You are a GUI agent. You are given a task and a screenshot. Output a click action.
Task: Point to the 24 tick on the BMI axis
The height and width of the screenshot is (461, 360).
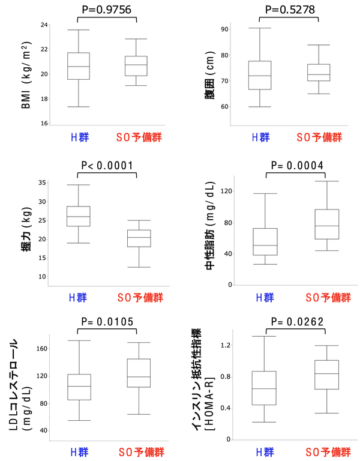coord(44,25)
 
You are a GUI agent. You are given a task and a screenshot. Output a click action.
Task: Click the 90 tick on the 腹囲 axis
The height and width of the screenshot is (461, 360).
coord(225,29)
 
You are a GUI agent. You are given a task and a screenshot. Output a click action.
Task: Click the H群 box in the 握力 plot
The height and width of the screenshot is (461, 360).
coord(78,216)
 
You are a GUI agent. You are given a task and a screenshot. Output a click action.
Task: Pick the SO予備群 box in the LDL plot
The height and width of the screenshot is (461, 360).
coord(139,373)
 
